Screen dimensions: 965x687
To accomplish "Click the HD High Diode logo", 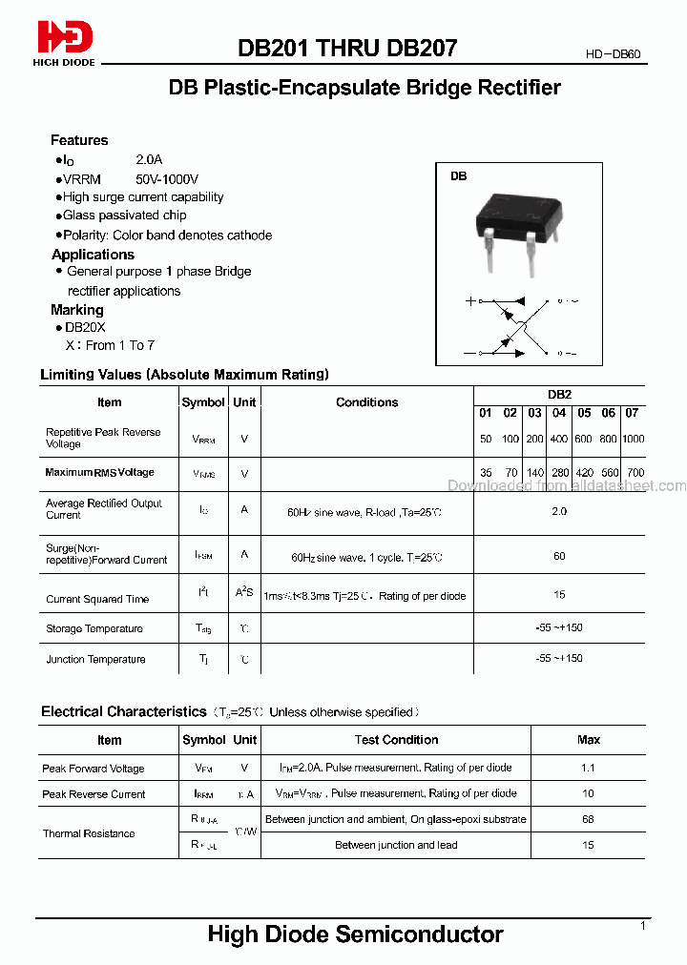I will pos(65,43).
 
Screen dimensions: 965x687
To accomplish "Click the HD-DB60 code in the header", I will pos(613,55).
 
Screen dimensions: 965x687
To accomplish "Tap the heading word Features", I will pos(79,140).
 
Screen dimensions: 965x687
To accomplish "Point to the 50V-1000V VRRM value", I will pos(167,178).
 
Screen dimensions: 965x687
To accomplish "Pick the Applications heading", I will pos(93,255).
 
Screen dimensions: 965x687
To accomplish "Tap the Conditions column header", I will pos(366,402).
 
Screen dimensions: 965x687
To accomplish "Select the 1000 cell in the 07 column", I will pos(633,439).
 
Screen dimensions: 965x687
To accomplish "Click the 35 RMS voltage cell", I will pos(486,472).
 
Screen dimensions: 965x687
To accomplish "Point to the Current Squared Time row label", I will pos(97,599).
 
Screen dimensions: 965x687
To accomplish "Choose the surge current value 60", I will pos(559,556).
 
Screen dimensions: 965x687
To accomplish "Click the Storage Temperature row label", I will pos(94,628).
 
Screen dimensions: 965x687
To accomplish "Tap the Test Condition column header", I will pos(396,740).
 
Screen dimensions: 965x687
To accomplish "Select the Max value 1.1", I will pos(588,768).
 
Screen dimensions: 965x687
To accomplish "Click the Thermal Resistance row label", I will pos(89,833).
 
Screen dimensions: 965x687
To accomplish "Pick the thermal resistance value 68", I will pos(588,819).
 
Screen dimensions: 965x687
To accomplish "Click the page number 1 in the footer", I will pos(642,926).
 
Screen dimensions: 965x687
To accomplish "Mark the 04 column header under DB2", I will pos(559,413).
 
